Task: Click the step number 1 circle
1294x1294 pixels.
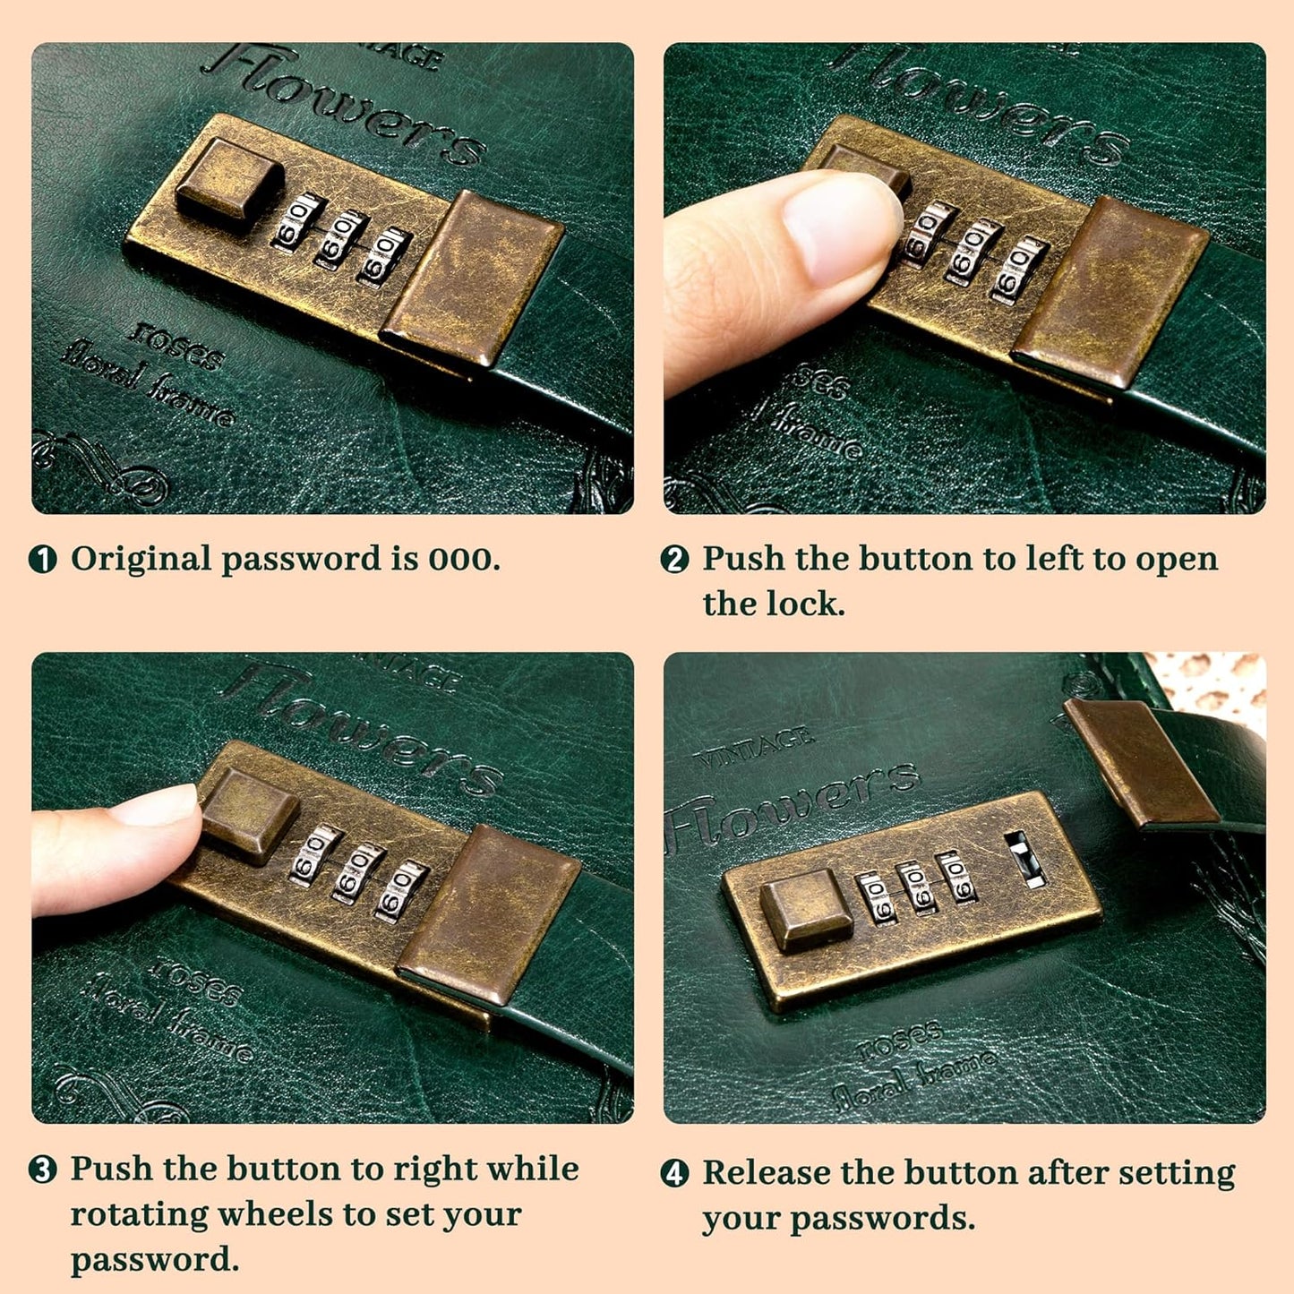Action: pyautogui.click(x=43, y=560)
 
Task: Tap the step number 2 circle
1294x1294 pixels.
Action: pyautogui.click(x=674, y=560)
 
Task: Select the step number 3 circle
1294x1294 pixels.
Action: pyautogui.click(x=43, y=1170)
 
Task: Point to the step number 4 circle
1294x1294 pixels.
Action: pyautogui.click(x=674, y=1173)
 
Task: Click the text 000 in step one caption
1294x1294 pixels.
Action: pyautogui.click(x=460, y=560)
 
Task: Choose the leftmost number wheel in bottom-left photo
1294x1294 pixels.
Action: pyautogui.click(x=313, y=856)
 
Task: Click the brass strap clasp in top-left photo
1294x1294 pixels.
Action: pyautogui.click(x=471, y=278)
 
